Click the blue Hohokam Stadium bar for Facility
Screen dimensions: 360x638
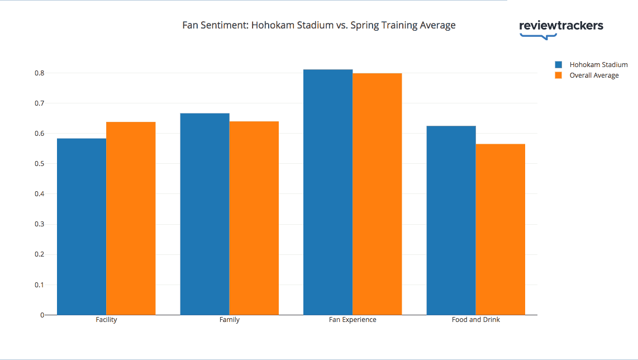(x=82, y=226)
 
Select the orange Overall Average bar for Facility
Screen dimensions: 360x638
(x=131, y=218)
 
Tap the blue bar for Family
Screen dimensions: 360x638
(x=204, y=214)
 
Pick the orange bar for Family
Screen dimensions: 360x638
(x=254, y=218)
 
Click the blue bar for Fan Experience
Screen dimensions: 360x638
(x=328, y=192)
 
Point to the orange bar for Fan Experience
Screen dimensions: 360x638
(x=377, y=194)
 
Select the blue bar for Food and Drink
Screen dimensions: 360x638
(x=451, y=220)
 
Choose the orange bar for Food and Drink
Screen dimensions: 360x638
(x=501, y=229)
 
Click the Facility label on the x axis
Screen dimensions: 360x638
(x=106, y=320)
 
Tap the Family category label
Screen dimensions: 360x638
(x=229, y=320)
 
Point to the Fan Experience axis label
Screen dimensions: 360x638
(x=353, y=320)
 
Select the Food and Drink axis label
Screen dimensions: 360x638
(x=476, y=320)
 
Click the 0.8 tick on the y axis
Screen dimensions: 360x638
(x=39, y=73)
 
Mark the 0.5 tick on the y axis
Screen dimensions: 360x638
(x=39, y=164)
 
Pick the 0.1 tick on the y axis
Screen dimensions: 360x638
(x=39, y=285)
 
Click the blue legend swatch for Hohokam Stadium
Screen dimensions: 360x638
(x=558, y=65)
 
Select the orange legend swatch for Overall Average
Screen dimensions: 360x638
(x=558, y=75)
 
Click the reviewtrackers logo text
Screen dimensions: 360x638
(x=561, y=26)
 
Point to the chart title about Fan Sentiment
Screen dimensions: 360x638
(x=319, y=25)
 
